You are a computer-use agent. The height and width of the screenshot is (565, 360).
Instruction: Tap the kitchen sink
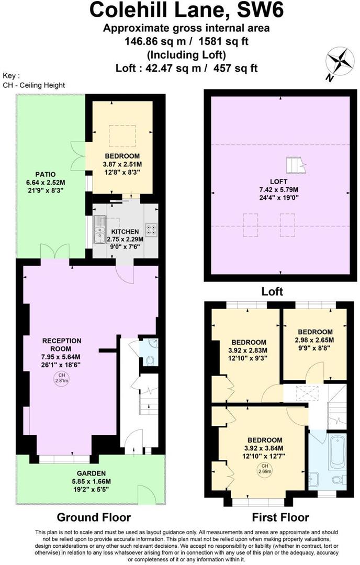(99, 232)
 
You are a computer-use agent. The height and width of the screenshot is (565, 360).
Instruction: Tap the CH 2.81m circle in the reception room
(62, 378)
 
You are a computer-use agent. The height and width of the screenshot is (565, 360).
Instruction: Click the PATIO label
(46, 174)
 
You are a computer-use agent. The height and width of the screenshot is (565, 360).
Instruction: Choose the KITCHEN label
(125, 231)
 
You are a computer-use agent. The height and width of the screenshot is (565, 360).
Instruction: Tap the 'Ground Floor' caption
(93, 517)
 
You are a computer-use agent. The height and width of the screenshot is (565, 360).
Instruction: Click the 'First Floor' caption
(280, 517)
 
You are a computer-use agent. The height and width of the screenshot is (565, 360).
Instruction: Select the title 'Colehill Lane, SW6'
(180, 10)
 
